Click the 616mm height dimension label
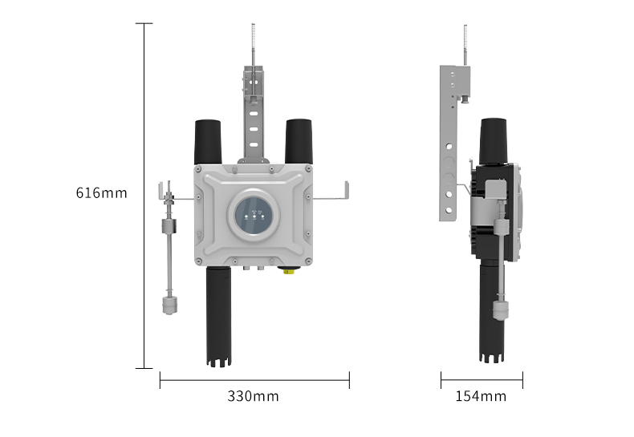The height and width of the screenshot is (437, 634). (101, 193)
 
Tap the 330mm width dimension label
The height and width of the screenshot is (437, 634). (253, 396)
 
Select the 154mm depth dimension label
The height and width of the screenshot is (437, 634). (481, 396)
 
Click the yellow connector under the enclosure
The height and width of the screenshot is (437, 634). (288, 270)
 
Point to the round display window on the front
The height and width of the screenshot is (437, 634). (254, 214)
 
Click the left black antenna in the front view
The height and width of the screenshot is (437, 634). (208, 142)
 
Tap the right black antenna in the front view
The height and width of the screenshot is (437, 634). (299, 141)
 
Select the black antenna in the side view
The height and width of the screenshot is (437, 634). (494, 141)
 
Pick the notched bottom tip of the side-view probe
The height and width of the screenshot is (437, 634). (492, 358)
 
